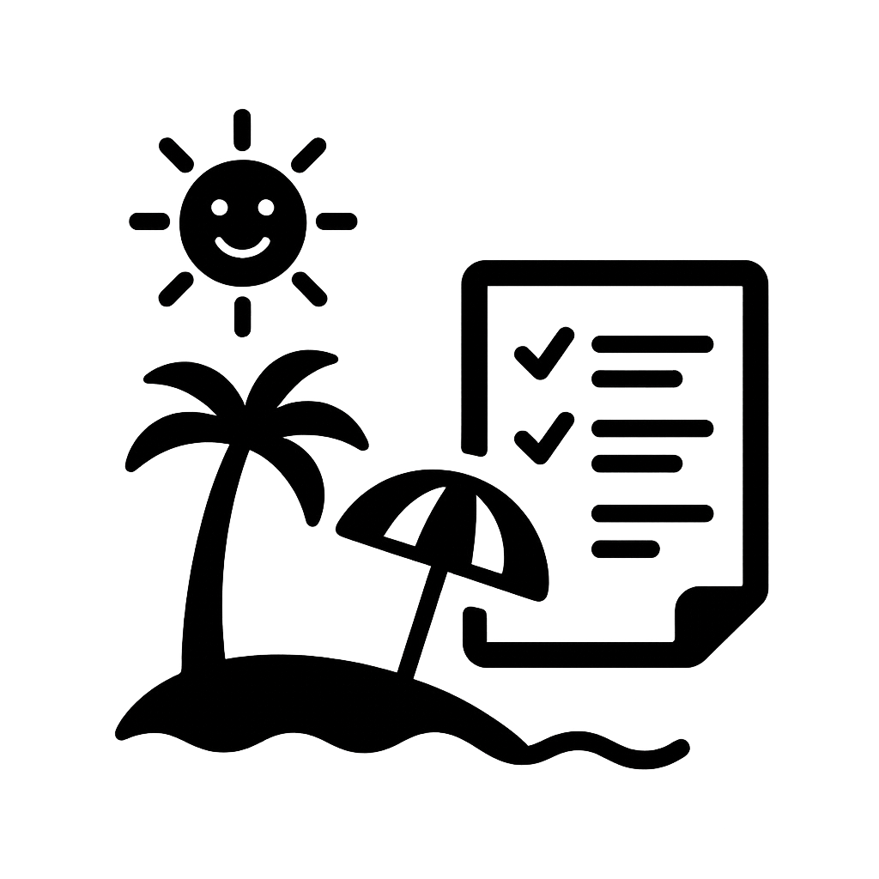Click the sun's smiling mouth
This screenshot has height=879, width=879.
241,249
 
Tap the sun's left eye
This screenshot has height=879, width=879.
219,208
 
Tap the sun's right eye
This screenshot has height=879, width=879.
265,208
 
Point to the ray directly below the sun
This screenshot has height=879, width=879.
242,316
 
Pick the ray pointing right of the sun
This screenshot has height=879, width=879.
336,221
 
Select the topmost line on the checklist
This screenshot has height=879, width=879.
652,344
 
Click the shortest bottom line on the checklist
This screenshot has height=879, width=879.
626,549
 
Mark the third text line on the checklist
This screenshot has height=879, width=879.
652,428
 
